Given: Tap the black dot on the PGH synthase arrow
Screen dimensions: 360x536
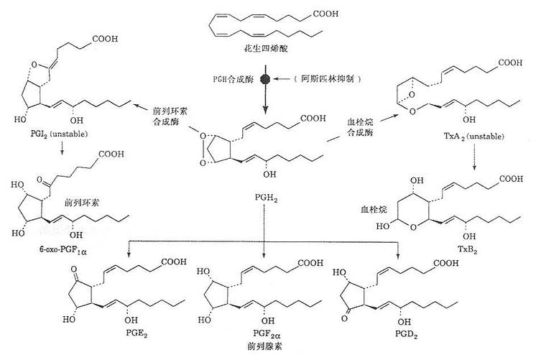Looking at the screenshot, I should pyautogui.click(x=264, y=78).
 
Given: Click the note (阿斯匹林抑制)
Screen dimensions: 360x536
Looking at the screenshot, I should pyautogui.click(x=315, y=78).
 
